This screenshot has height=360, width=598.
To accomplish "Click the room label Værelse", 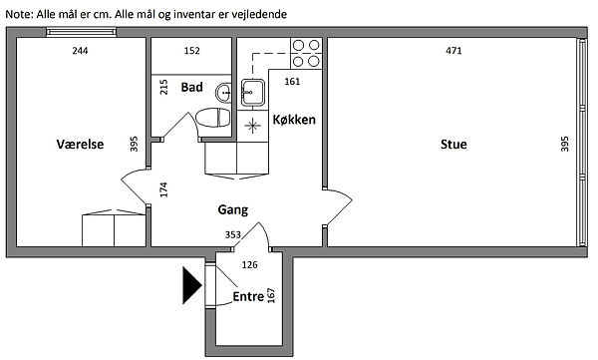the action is coord(80,144).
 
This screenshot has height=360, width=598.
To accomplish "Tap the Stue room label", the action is coord(453,144).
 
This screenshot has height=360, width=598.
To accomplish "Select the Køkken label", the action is coord(294,120).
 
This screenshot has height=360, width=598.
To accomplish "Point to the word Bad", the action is coord(191,87).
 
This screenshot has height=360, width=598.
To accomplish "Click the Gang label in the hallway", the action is coord(232,209).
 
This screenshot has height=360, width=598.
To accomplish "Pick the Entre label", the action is coord(248,296).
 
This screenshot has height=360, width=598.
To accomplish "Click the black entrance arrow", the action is coord(191,285).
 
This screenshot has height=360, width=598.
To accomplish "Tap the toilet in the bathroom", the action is coord(213,118).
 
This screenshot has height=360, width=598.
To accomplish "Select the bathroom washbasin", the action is coord(223,93).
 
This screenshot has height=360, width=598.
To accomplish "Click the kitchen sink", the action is coord(252,92).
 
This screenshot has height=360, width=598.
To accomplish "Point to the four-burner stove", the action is coord(306,53).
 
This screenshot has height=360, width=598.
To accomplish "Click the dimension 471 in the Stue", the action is coord(453,51).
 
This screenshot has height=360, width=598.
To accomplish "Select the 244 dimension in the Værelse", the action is coord(80,51).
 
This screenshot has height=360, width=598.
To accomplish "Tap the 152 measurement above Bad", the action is coord(191,51).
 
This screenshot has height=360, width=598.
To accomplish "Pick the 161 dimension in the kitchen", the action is coord(292,82).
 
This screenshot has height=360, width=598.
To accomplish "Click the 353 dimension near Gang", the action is coord(232,234).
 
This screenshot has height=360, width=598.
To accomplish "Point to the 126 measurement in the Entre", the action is coord(250,264).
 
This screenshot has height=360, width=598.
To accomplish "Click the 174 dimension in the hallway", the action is coord(163,189).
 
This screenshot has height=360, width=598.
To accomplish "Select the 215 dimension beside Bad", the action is coord(163,87).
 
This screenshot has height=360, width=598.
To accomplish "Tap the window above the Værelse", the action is coord(82,32).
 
